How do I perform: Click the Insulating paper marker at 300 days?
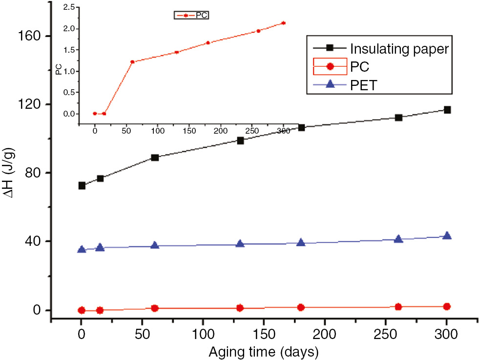pos(447,110)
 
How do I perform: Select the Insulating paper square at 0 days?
pos(82,185)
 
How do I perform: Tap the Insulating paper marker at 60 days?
pos(155,158)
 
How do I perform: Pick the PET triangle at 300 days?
pos(447,236)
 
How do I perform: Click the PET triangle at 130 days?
pos(240,243)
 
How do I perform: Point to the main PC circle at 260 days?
pos(398,307)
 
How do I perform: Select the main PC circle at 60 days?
pos(155,308)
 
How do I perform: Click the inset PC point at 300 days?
pos(284,23)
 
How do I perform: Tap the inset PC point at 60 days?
pos(132,62)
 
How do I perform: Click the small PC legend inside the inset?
pos(192,16)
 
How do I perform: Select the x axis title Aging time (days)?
pos(264,351)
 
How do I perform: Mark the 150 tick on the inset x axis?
pos(189,131)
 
